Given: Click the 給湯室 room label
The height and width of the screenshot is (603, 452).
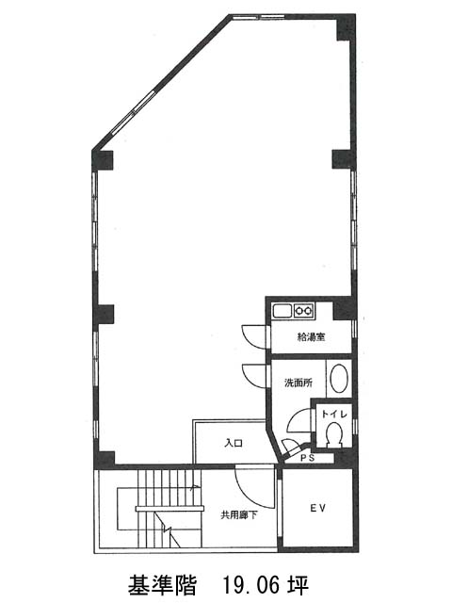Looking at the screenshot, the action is (312, 337).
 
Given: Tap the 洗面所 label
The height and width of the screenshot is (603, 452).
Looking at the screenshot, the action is (299, 383).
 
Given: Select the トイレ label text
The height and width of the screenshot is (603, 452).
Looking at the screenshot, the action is (334, 414).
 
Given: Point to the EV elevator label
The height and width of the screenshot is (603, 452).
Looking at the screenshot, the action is (318, 508).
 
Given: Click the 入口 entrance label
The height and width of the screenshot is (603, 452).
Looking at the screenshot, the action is (234, 443).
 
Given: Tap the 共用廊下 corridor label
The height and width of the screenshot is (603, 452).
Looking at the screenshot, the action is (238, 515).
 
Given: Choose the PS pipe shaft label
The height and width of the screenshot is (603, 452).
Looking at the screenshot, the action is (308, 458).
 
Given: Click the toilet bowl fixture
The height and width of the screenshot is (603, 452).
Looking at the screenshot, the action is (333, 434).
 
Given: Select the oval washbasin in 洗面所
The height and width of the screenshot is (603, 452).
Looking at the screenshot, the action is (339, 379).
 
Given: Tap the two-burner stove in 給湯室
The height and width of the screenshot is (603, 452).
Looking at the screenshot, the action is (303, 310).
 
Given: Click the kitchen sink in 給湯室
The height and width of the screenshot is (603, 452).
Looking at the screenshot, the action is (282, 310).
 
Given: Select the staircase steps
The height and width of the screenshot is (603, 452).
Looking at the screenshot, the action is (169, 508).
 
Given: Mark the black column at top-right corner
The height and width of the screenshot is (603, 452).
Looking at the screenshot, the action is (346, 27).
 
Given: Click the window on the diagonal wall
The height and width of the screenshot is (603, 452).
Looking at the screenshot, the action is (134, 111).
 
